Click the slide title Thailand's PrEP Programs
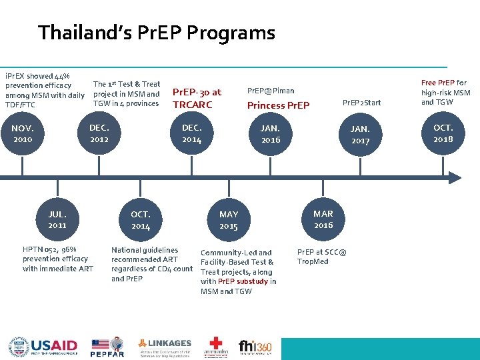(x=157, y=32)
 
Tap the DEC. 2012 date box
(x=99, y=133)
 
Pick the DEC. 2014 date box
(x=191, y=133)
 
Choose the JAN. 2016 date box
(x=271, y=133)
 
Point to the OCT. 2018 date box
(x=443, y=133)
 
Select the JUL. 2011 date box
(x=57, y=220)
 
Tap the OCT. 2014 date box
(x=141, y=220)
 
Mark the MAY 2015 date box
(x=229, y=220)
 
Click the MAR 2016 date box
(x=323, y=219)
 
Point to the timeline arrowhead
(x=453, y=177)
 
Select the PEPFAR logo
(x=107, y=347)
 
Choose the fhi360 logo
(x=255, y=347)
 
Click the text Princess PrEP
(x=278, y=105)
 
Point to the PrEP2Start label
(x=362, y=102)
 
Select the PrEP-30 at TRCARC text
(x=197, y=99)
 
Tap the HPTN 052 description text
(x=57, y=259)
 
